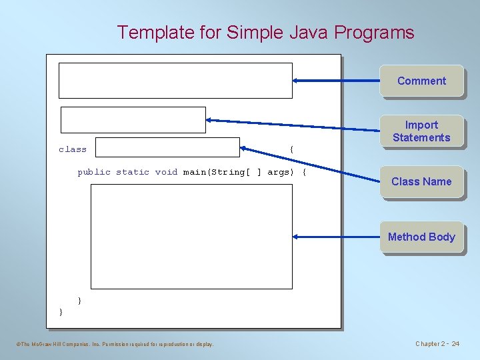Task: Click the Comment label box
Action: [421, 81]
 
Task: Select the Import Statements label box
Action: [421, 131]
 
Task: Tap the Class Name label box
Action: [421, 181]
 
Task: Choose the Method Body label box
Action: [421, 237]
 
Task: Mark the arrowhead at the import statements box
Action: [210, 120]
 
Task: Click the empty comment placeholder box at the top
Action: [175, 81]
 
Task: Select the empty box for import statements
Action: [133, 120]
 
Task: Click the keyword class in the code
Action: [73, 149]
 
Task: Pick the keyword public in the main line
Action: [94, 172]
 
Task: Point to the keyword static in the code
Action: [133, 172]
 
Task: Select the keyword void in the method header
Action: [166, 172]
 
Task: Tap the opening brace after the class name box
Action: [291, 149]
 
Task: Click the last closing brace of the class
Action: [61, 311]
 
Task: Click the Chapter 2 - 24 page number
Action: [437, 344]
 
